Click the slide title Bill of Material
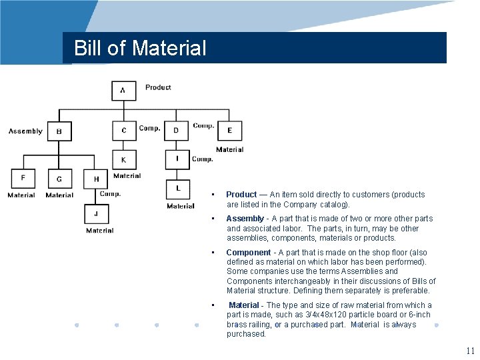(140, 48)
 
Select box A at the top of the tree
(123, 91)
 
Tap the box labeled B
(59, 131)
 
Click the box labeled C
(124, 131)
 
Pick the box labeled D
(177, 131)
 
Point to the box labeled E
(229, 131)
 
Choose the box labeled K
(124, 160)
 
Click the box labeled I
(177, 159)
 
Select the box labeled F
(23, 179)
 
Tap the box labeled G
(59, 179)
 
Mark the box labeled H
(96, 179)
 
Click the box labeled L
(178, 189)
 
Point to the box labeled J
(96, 214)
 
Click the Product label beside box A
(158, 87)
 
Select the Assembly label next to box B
(25, 131)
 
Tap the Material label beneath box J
(99, 231)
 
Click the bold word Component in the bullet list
(248, 253)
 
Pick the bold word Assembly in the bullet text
(245, 219)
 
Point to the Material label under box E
(229, 150)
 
